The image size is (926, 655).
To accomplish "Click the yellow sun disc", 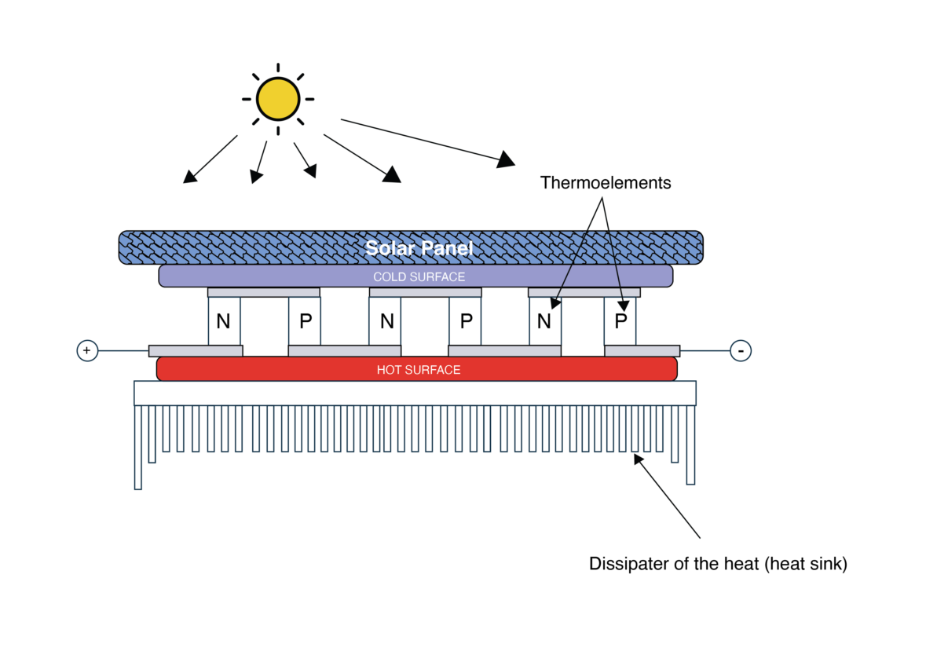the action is click(x=277, y=99).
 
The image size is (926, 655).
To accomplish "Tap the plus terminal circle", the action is click(x=87, y=351).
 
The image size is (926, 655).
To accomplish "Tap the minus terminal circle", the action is click(x=741, y=351).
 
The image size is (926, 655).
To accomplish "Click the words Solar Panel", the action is click(x=419, y=248).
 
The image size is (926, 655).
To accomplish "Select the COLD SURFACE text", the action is click(x=419, y=277).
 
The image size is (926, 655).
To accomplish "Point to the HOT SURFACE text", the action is click(x=419, y=371).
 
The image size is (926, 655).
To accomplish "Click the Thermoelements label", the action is click(x=606, y=183).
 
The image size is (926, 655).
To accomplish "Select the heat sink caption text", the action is click(x=718, y=564).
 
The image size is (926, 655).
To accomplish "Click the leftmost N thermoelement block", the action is click(x=225, y=321).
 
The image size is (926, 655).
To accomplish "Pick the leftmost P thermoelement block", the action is click(x=305, y=321).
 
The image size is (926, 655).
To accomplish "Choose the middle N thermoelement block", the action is click(x=385, y=321).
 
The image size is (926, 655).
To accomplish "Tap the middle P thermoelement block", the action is click(x=466, y=321).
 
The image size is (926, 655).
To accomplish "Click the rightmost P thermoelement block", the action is click(x=620, y=321).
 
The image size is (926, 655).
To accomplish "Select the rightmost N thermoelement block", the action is click(x=545, y=321).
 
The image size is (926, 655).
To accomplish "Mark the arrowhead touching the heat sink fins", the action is click(x=639, y=459).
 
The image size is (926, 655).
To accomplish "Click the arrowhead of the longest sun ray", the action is click(x=506, y=159).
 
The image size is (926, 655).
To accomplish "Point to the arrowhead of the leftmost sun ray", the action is click(x=189, y=177).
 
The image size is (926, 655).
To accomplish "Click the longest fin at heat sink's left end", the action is click(x=138, y=447).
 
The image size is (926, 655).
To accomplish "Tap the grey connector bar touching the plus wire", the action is click(x=196, y=351).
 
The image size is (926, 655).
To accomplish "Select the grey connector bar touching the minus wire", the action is click(x=642, y=351).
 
